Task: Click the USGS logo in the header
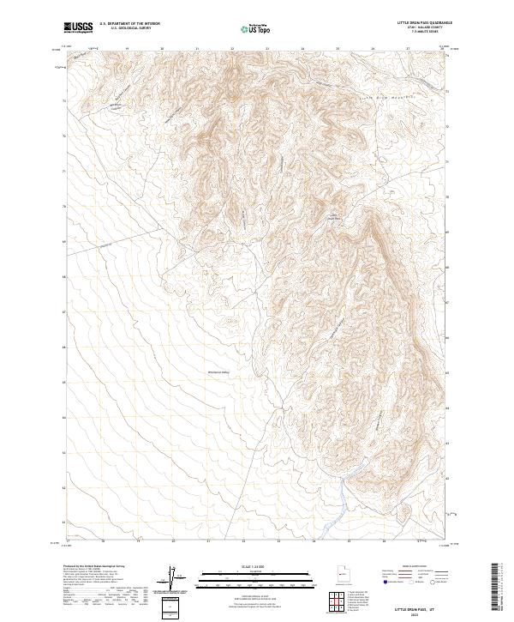click(x=79, y=27)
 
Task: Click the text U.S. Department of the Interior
click(x=129, y=24)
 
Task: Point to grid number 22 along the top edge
click(x=233, y=49)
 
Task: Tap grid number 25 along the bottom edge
click(x=348, y=541)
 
